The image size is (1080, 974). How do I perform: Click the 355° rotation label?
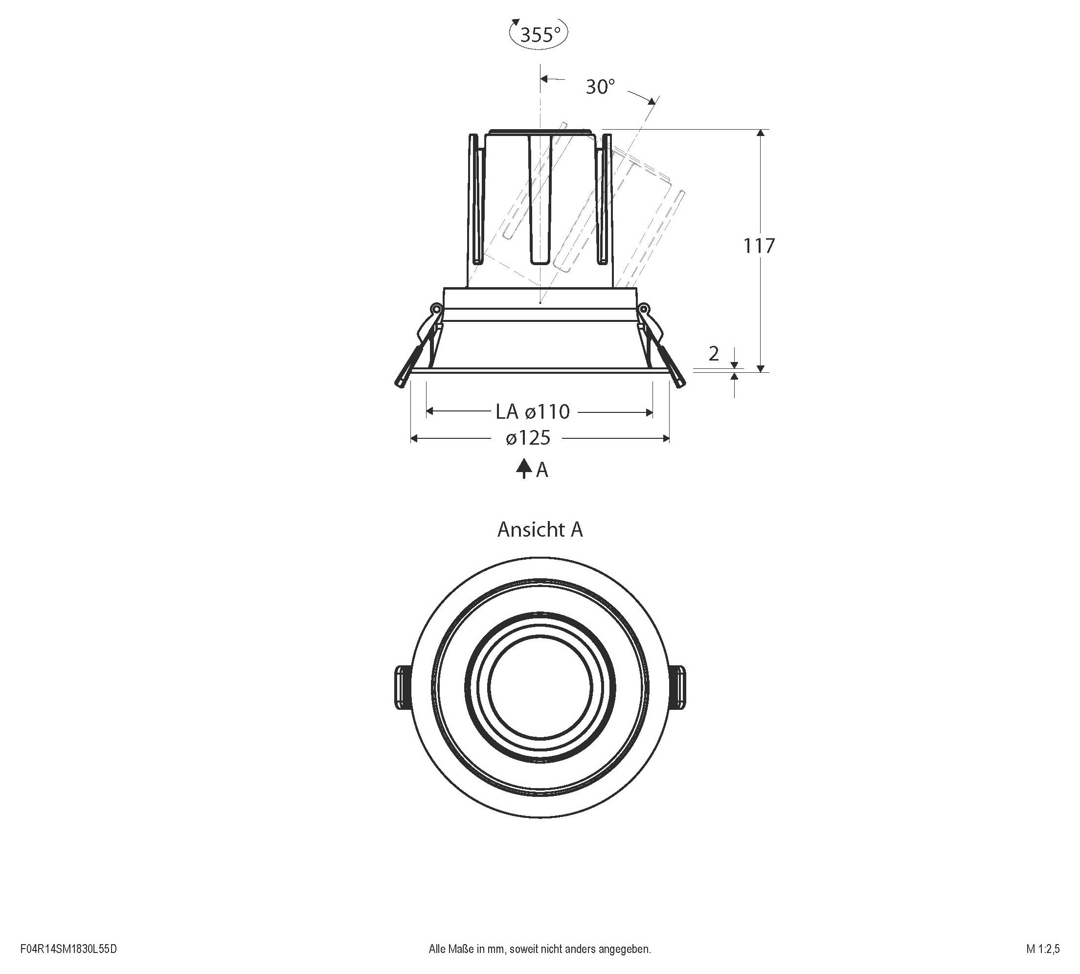(540, 35)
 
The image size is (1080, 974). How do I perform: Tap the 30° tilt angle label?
(600, 87)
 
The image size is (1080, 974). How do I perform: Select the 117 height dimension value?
(759, 246)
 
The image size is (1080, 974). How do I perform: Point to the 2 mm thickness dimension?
(714, 354)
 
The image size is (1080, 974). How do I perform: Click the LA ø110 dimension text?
(533, 411)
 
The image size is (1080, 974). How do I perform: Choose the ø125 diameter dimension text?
(528, 438)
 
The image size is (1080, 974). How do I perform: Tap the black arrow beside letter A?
(523, 468)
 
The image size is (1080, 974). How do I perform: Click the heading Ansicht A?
(540, 529)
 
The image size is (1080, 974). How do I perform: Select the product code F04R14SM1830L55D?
(68, 950)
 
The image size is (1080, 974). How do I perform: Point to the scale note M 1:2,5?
(1042, 950)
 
